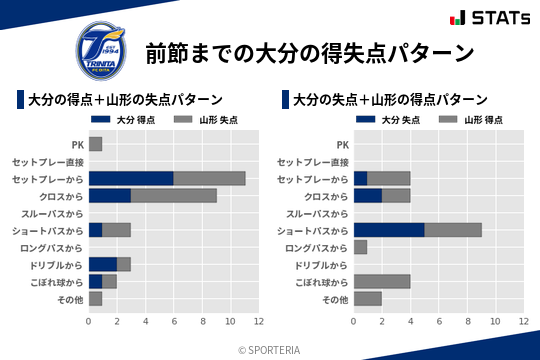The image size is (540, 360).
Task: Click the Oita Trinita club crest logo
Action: (102, 45)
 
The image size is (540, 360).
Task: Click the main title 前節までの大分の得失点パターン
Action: (309, 52)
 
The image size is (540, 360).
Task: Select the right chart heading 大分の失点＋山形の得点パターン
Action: (390, 100)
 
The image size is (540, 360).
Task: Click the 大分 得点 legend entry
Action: (127, 120)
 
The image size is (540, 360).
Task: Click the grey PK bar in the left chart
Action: (95, 144)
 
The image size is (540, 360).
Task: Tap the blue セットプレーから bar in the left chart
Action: (130, 178)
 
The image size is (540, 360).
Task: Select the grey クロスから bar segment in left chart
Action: (173, 195)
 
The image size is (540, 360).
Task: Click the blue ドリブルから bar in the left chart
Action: (102, 264)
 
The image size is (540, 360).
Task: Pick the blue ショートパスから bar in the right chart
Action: (388, 230)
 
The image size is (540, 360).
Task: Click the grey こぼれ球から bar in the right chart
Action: (381, 281)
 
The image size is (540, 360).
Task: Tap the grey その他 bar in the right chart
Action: (367, 298)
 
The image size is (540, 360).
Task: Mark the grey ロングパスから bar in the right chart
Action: (360, 247)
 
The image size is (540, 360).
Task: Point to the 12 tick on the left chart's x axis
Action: (258, 321)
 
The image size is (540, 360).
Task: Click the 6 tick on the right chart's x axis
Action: (438, 321)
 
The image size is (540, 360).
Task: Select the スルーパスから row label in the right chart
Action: (316, 213)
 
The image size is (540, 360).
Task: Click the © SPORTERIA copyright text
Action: (270, 349)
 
